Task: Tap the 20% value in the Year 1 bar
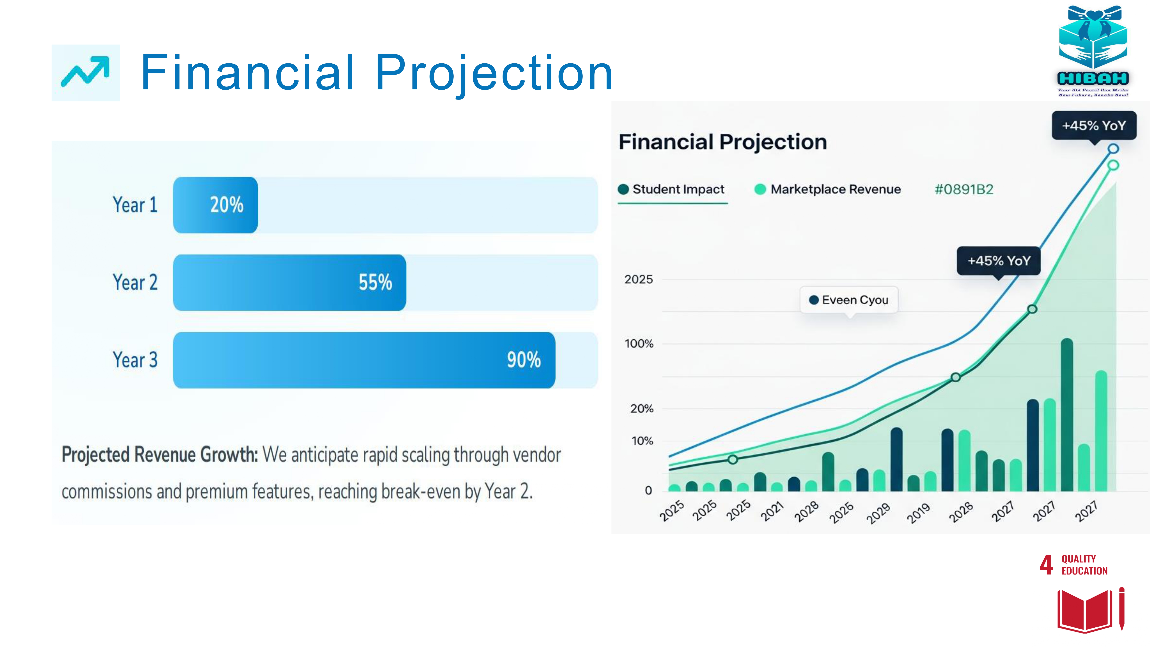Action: coord(227,205)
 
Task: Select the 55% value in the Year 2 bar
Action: coord(375,282)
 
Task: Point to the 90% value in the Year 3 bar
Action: coord(524,360)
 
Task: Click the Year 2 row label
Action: coord(135,282)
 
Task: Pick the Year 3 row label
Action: coord(135,360)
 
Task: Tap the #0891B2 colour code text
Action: coord(964,189)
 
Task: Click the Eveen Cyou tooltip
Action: coord(849,300)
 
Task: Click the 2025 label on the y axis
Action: coord(639,280)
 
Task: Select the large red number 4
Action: coord(1046,565)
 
